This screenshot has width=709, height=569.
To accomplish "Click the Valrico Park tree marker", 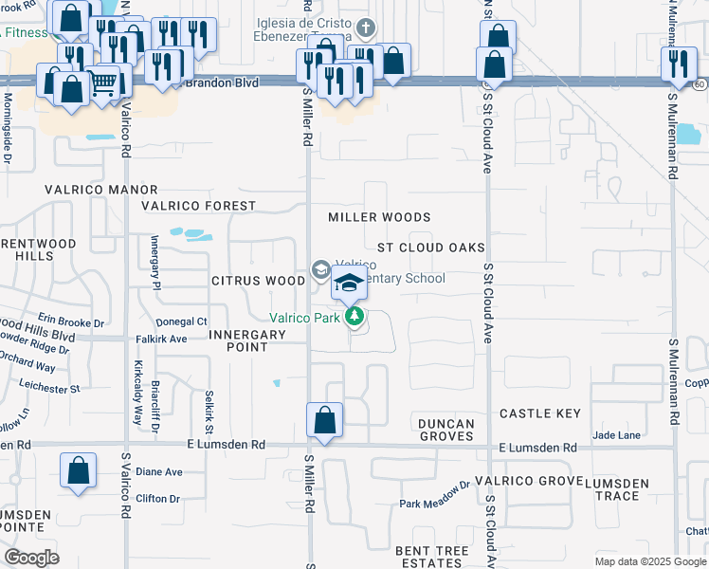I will click(x=354, y=317).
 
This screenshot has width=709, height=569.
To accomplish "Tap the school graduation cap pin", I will click(x=349, y=283).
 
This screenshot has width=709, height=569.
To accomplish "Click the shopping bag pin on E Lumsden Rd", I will click(x=324, y=420).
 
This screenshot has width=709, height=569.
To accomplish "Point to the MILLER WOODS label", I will click(x=379, y=217).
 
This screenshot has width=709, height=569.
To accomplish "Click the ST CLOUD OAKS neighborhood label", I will click(x=430, y=248).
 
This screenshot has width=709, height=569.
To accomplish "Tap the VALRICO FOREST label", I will click(x=198, y=206).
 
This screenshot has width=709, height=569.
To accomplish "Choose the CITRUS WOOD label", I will click(x=258, y=281).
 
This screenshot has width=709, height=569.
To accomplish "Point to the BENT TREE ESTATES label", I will click(x=432, y=557).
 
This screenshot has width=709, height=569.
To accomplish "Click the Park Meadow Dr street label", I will click(x=434, y=503).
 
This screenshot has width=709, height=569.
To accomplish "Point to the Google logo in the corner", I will click(x=31, y=558).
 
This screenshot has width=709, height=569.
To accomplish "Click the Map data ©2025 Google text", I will click(x=650, y=561).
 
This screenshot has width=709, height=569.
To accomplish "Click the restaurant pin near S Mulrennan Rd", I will click(x=678, y=64).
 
